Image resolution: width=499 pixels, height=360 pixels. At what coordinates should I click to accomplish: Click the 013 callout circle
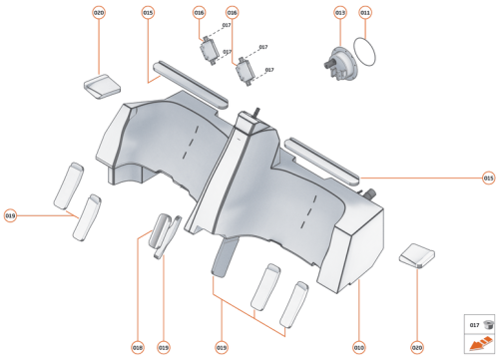pos(339,13)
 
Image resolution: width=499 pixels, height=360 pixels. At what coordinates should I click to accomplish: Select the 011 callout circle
pos(365,13)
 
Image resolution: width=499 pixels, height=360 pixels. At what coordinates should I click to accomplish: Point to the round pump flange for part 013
pos(343,61)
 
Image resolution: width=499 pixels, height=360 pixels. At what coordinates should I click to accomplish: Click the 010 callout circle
pos(358,347)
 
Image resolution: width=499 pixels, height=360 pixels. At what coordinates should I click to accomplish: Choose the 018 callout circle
pos(138,347)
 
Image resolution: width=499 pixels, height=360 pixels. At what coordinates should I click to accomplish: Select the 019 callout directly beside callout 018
pos(164,347)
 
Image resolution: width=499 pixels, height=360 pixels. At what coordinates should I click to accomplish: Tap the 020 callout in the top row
pos(99,13)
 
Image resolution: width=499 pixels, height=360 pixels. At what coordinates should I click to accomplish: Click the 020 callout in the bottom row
pos(417,347)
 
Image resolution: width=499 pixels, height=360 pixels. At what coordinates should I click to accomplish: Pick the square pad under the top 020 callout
pos(101,85)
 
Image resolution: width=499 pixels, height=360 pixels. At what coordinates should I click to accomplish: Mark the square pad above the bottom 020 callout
pos(418,255)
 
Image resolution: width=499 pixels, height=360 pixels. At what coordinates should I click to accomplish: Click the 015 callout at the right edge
pos(488,179)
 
